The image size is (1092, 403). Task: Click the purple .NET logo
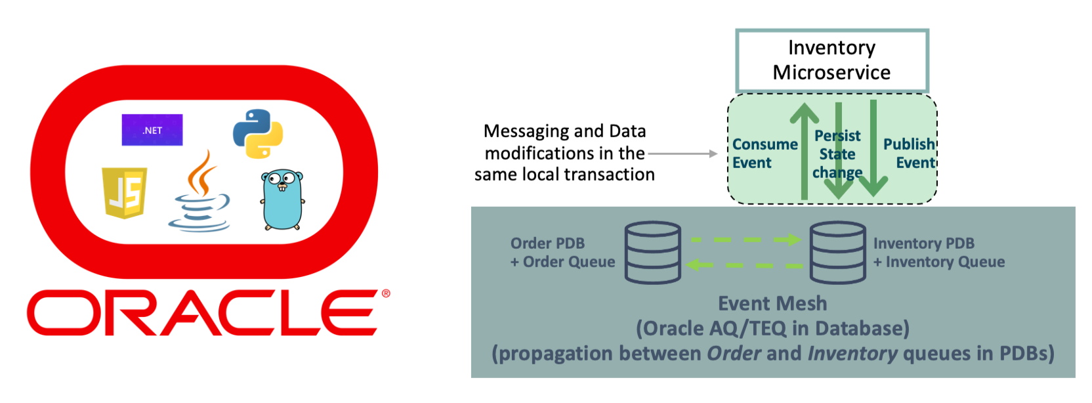pos(152,130)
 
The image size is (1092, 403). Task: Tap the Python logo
pos(258,133)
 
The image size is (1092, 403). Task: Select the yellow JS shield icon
pos(124,192)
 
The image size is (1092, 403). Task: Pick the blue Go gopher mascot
pos(282,200)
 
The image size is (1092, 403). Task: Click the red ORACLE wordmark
pos(203,313)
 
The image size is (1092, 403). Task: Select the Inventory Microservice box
pos(831,60)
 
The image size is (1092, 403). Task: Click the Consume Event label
pos(765,153)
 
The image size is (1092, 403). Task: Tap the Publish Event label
pos(909,153)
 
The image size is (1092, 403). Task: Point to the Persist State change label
pos(837,154)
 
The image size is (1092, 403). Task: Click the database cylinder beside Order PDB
pos(653,252)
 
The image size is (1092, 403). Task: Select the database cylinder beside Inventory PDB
pos(837,252)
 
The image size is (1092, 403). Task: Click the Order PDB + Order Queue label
pos(562,252)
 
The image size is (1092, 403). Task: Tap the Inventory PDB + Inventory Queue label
pos(938,252)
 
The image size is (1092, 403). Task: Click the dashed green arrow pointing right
pos(746,240)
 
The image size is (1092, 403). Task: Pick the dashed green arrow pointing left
pos(744,265)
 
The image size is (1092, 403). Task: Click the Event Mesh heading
pos(772,303)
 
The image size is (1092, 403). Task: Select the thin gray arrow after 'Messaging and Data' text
pos(682,154)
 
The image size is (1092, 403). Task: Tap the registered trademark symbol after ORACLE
pos(386,294)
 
